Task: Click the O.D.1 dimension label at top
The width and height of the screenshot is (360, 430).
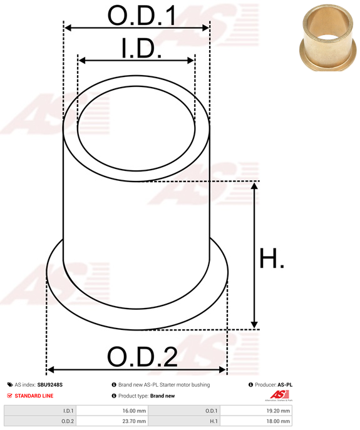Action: point(142,16)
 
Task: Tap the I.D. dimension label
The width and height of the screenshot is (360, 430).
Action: point(141,48)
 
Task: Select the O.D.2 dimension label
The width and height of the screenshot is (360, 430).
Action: point(142,357)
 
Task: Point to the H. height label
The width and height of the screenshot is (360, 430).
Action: point(272,259)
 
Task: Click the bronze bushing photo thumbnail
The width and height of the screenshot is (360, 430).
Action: point(328,38)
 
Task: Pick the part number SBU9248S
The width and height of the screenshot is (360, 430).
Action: point(50,385)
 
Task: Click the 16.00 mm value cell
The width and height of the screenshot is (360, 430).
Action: point(112,411)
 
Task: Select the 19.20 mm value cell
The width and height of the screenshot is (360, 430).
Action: point(256,411)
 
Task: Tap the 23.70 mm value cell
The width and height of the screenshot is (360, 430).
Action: point(112,421)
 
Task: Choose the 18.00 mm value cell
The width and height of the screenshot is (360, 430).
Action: point(256,421)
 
